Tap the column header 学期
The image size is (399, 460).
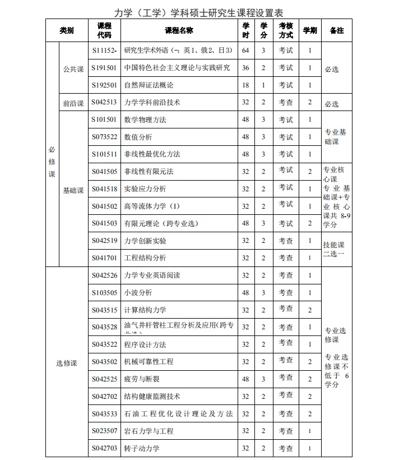tap(309, 30)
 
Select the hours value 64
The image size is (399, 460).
tap(245, 50)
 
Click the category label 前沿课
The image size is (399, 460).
tap(73, 103)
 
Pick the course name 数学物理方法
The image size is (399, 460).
tap(145, 120)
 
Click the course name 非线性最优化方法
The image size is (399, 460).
tap(152, 154)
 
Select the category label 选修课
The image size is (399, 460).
tap(66, 363)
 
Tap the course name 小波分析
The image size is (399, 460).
tap(138, 293)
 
